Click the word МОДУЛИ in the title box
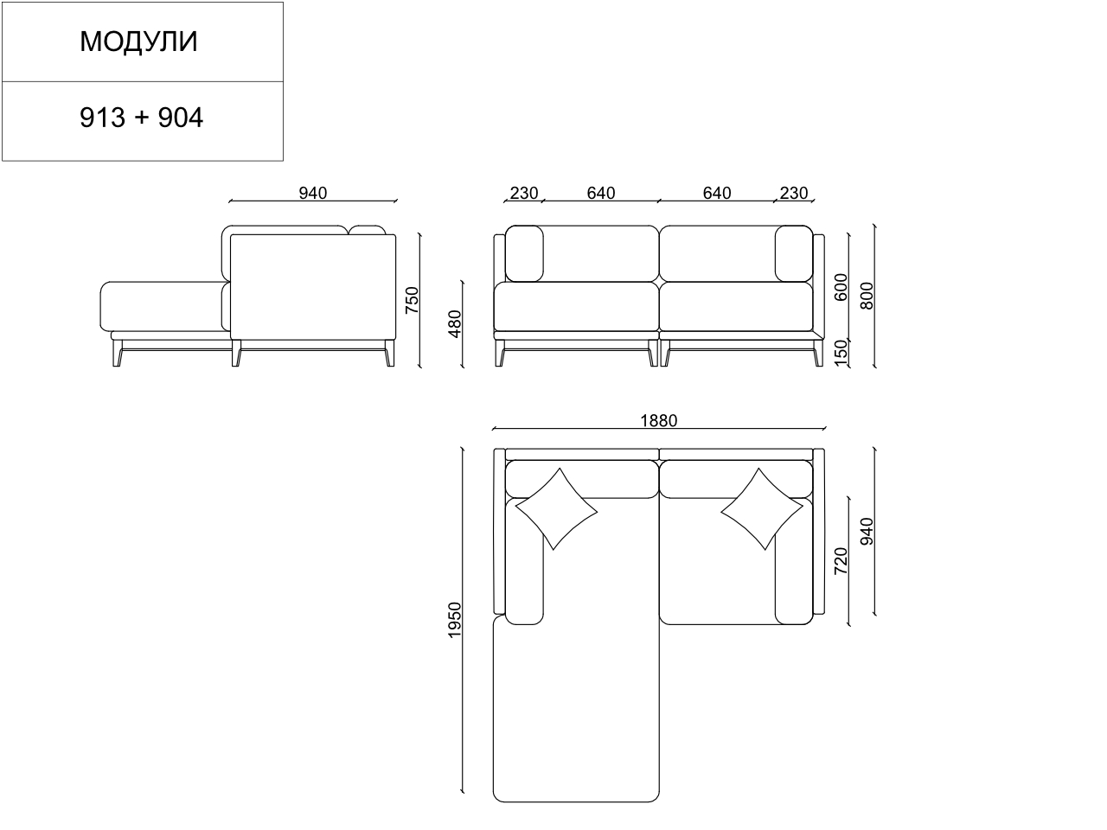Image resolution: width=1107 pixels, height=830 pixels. pos(138,41)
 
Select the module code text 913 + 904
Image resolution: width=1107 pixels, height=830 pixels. pos(141,118)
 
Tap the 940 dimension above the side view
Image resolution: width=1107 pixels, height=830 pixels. pos(313,193)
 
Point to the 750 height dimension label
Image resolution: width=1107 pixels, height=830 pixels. pos(412,300)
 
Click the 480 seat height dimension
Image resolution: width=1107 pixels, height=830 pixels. pos(454,324)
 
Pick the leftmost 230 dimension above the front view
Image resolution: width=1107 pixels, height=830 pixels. pos(524,193)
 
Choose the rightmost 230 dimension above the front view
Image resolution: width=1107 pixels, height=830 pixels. pos(794,193)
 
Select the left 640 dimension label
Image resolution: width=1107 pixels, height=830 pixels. pos(601,193)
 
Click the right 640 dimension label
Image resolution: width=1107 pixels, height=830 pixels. pos(717,193)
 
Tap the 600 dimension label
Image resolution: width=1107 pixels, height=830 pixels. pos(841,287)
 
